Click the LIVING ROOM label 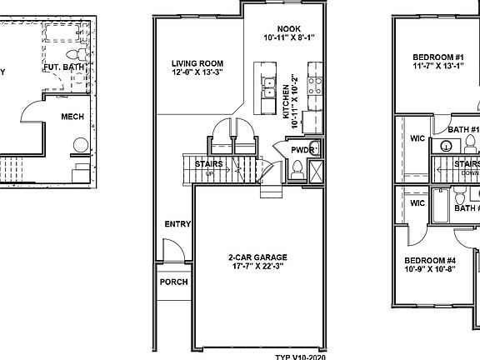coord(197,63)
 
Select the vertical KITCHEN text coord(286,104)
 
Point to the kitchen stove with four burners coord(315,84)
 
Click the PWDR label coord(302,150)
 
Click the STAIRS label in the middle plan coord(208,164)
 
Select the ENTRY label coord(177,223)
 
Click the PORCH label coord(174,282)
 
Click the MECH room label coord(72,117)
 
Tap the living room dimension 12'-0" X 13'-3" coord(197,72)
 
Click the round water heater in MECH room coord(81,144)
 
